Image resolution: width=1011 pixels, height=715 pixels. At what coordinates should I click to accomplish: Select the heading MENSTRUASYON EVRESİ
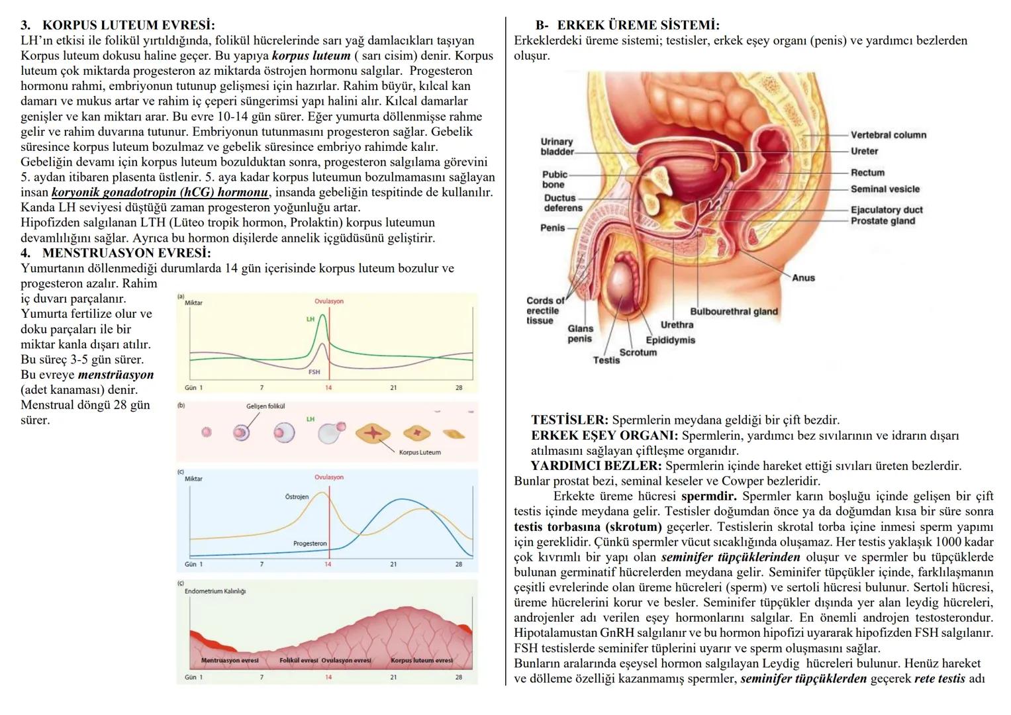click(126, 253)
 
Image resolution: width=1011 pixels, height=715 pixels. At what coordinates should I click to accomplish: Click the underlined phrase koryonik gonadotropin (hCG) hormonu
click(160, 193)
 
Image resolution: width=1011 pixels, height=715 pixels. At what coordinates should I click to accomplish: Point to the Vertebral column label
click(888, 135)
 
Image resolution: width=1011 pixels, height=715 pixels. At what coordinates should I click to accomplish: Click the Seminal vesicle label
click(885, 189)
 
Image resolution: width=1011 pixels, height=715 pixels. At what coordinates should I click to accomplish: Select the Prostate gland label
click(883, 220)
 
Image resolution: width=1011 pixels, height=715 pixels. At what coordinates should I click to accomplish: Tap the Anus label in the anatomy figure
click(803, 278)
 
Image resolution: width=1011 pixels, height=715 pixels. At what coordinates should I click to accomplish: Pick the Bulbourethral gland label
click(734, 312)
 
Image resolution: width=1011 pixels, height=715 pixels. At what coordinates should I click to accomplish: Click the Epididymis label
click(670, 340)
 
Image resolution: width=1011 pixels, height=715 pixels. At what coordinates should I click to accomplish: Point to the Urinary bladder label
click(557, 146)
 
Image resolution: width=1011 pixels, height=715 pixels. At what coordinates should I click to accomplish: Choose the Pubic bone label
click(554, 179)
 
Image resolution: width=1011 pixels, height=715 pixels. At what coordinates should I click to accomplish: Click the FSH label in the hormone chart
click(314, 372)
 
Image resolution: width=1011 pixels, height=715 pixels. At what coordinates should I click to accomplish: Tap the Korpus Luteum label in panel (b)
click(420, 452)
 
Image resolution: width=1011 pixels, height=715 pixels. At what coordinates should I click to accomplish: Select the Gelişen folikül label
click(265, 406)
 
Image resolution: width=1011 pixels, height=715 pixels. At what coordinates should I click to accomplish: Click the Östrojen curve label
click(297, 497)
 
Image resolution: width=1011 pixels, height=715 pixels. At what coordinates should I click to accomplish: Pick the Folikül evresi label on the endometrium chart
click(299, 661)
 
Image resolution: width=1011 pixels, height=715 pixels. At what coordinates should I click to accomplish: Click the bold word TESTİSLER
click(569, 420)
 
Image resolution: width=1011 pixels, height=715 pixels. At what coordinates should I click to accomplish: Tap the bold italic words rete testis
click(939, 679)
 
